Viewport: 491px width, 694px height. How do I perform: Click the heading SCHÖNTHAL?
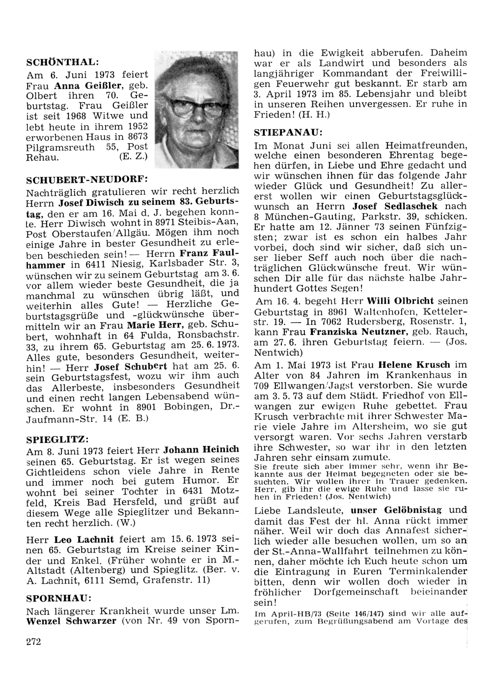pyautogui.click(x=62, y=62)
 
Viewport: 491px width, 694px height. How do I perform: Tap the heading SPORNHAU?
pyautogui.click(x=58, y=599)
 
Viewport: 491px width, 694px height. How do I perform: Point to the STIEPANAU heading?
pyautogui.click(x=288, y=133)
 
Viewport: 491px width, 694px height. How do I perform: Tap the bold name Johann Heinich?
pyautogui.click(x=201, y=449)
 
